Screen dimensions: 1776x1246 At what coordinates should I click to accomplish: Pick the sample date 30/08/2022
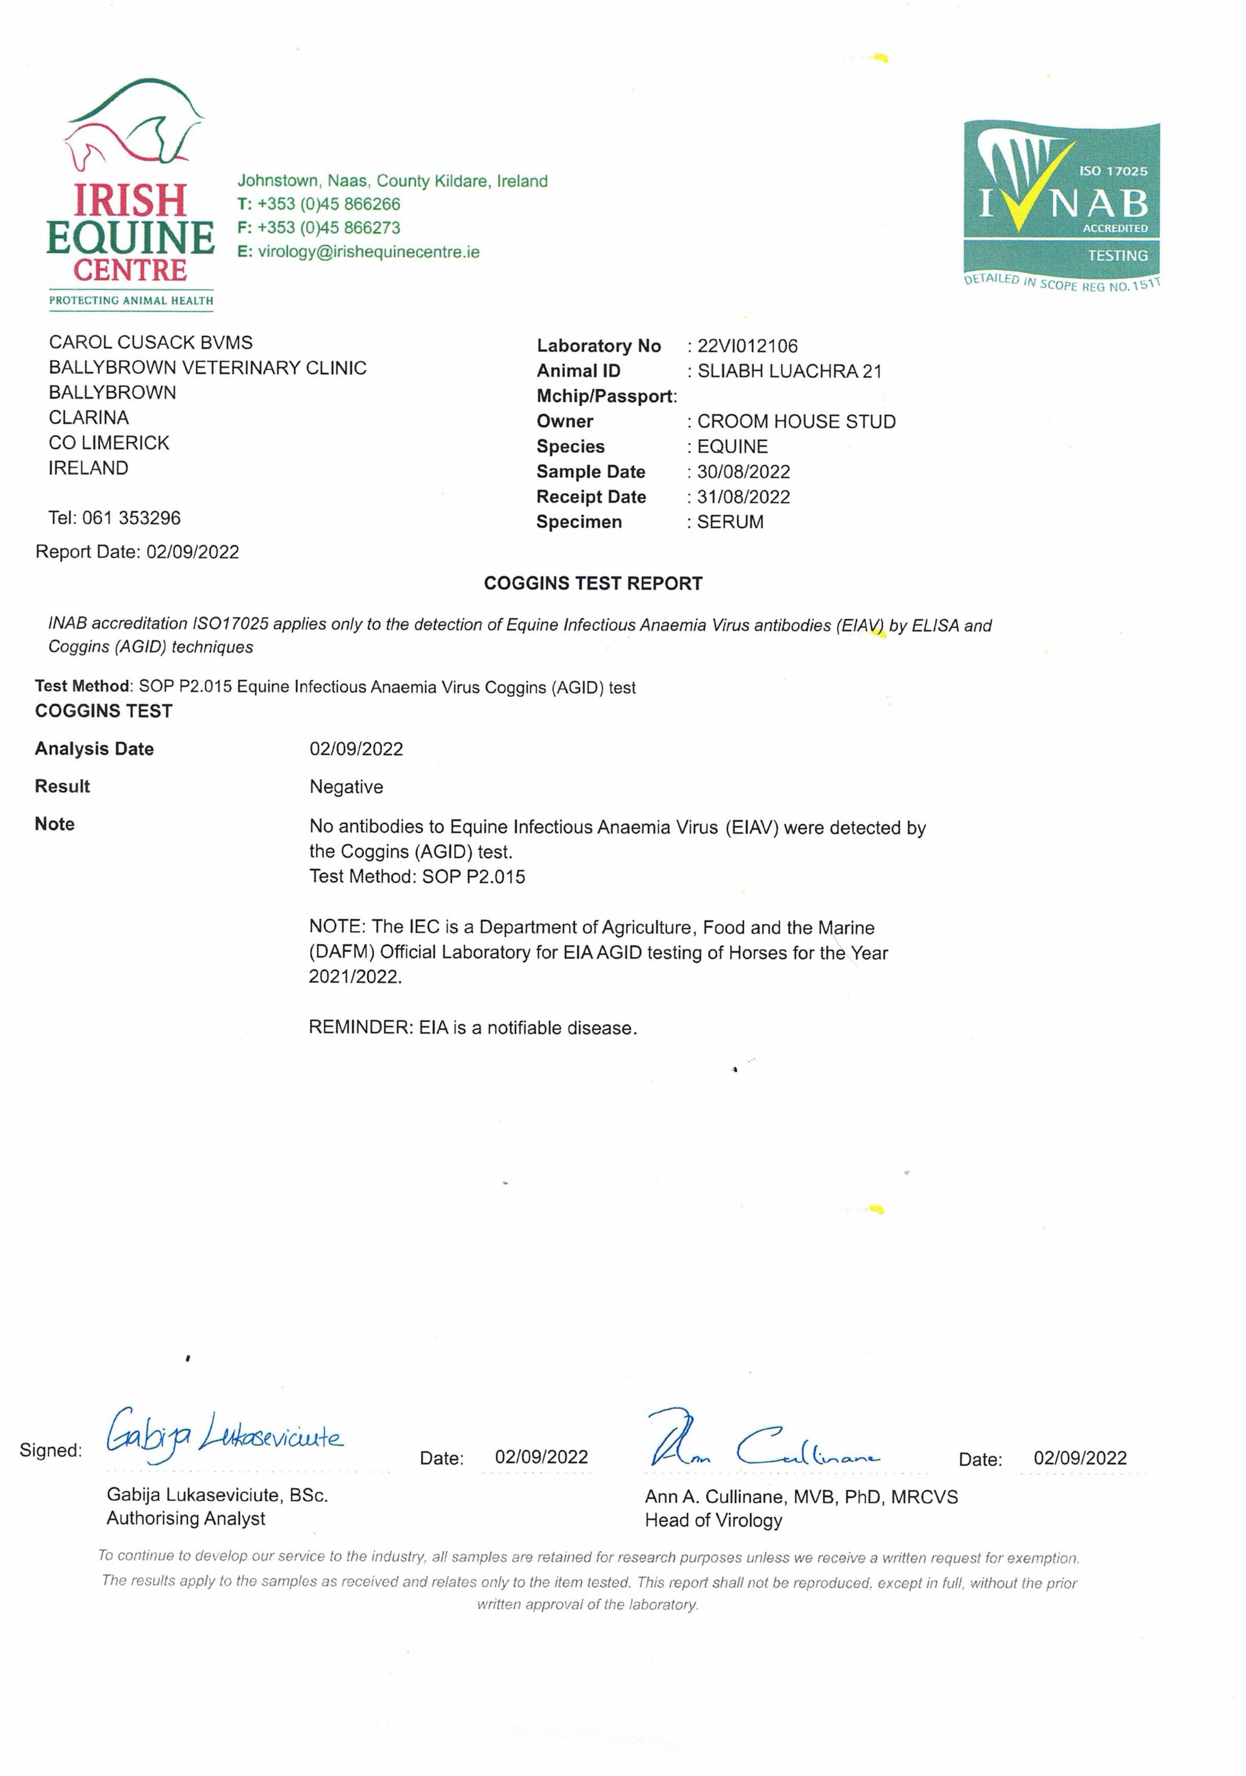[x=743, y=472]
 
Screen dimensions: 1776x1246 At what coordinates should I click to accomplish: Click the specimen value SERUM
[x=730, y=522]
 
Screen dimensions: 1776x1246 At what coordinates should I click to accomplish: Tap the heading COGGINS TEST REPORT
[x=593, y=583]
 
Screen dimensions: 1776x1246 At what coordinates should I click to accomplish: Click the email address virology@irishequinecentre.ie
[x=369, y=252]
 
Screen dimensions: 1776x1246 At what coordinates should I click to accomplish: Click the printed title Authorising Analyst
[x=186, y=1518]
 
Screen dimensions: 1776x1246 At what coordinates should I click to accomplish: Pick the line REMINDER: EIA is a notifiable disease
[x=472, y=1028]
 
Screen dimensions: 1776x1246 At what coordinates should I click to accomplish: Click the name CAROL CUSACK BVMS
[x=150, y=343]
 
